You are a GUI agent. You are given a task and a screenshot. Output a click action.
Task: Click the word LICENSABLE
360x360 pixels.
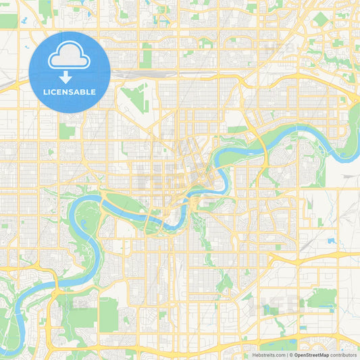(70, 91)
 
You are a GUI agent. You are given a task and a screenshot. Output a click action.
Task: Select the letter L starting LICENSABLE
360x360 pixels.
(45, 91)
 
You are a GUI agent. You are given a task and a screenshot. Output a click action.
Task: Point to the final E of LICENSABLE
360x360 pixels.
(93, 91)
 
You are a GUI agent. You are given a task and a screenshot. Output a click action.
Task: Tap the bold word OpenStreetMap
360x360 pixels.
(311, 354)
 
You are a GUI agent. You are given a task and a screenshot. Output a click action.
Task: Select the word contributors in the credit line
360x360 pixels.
(343, 354)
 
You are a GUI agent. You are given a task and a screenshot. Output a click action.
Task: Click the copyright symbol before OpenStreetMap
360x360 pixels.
(291, 354)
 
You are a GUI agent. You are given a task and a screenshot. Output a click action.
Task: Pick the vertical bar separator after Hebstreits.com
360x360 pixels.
(286, 354)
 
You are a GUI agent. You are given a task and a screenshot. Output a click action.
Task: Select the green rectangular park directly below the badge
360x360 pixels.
(66, 130)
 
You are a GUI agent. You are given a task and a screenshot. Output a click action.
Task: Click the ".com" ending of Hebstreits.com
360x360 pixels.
(280, 354)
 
